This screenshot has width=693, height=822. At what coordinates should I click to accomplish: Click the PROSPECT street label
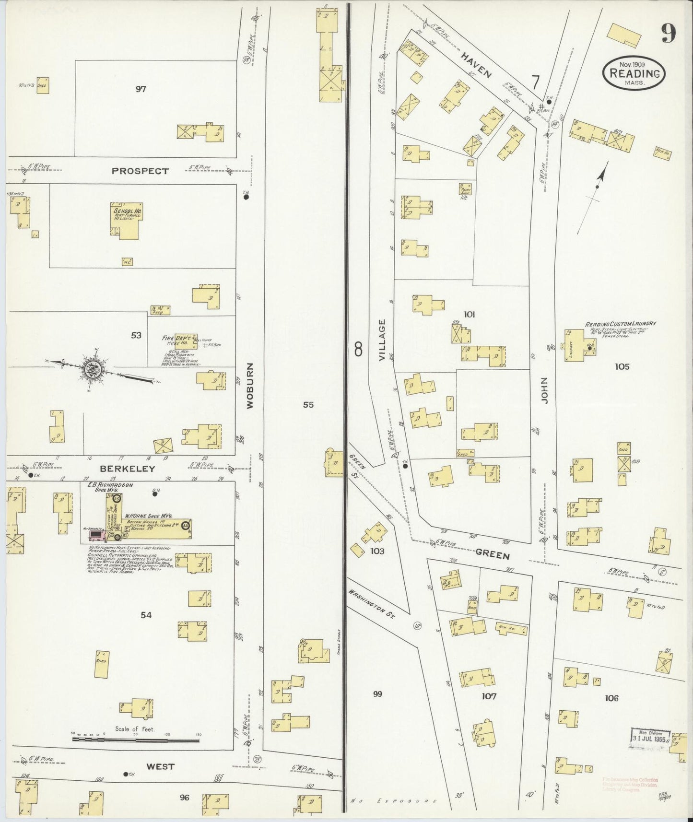coord(140,171)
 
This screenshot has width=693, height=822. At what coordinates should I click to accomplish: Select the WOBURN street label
coord(250,392)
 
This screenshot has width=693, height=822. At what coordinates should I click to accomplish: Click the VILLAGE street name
coord(382,340)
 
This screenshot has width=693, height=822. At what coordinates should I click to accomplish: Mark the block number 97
coord(141,89)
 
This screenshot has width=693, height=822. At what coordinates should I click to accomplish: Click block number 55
coord(308,405)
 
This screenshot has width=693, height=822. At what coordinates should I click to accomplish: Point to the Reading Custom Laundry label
coord(620,324)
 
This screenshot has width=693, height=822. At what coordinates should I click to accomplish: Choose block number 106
coord(611,698)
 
